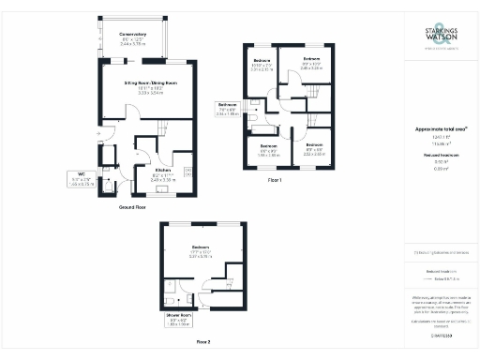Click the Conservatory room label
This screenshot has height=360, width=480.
tap(133, 37)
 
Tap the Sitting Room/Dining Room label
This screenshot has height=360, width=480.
tap(151, 86)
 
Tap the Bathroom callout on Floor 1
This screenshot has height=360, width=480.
tap(229, 108)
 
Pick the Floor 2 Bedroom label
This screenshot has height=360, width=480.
tap(199, 249)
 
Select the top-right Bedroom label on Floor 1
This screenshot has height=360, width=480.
tap(311, 63)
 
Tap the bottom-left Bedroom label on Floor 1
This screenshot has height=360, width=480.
tap(268, 150)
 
